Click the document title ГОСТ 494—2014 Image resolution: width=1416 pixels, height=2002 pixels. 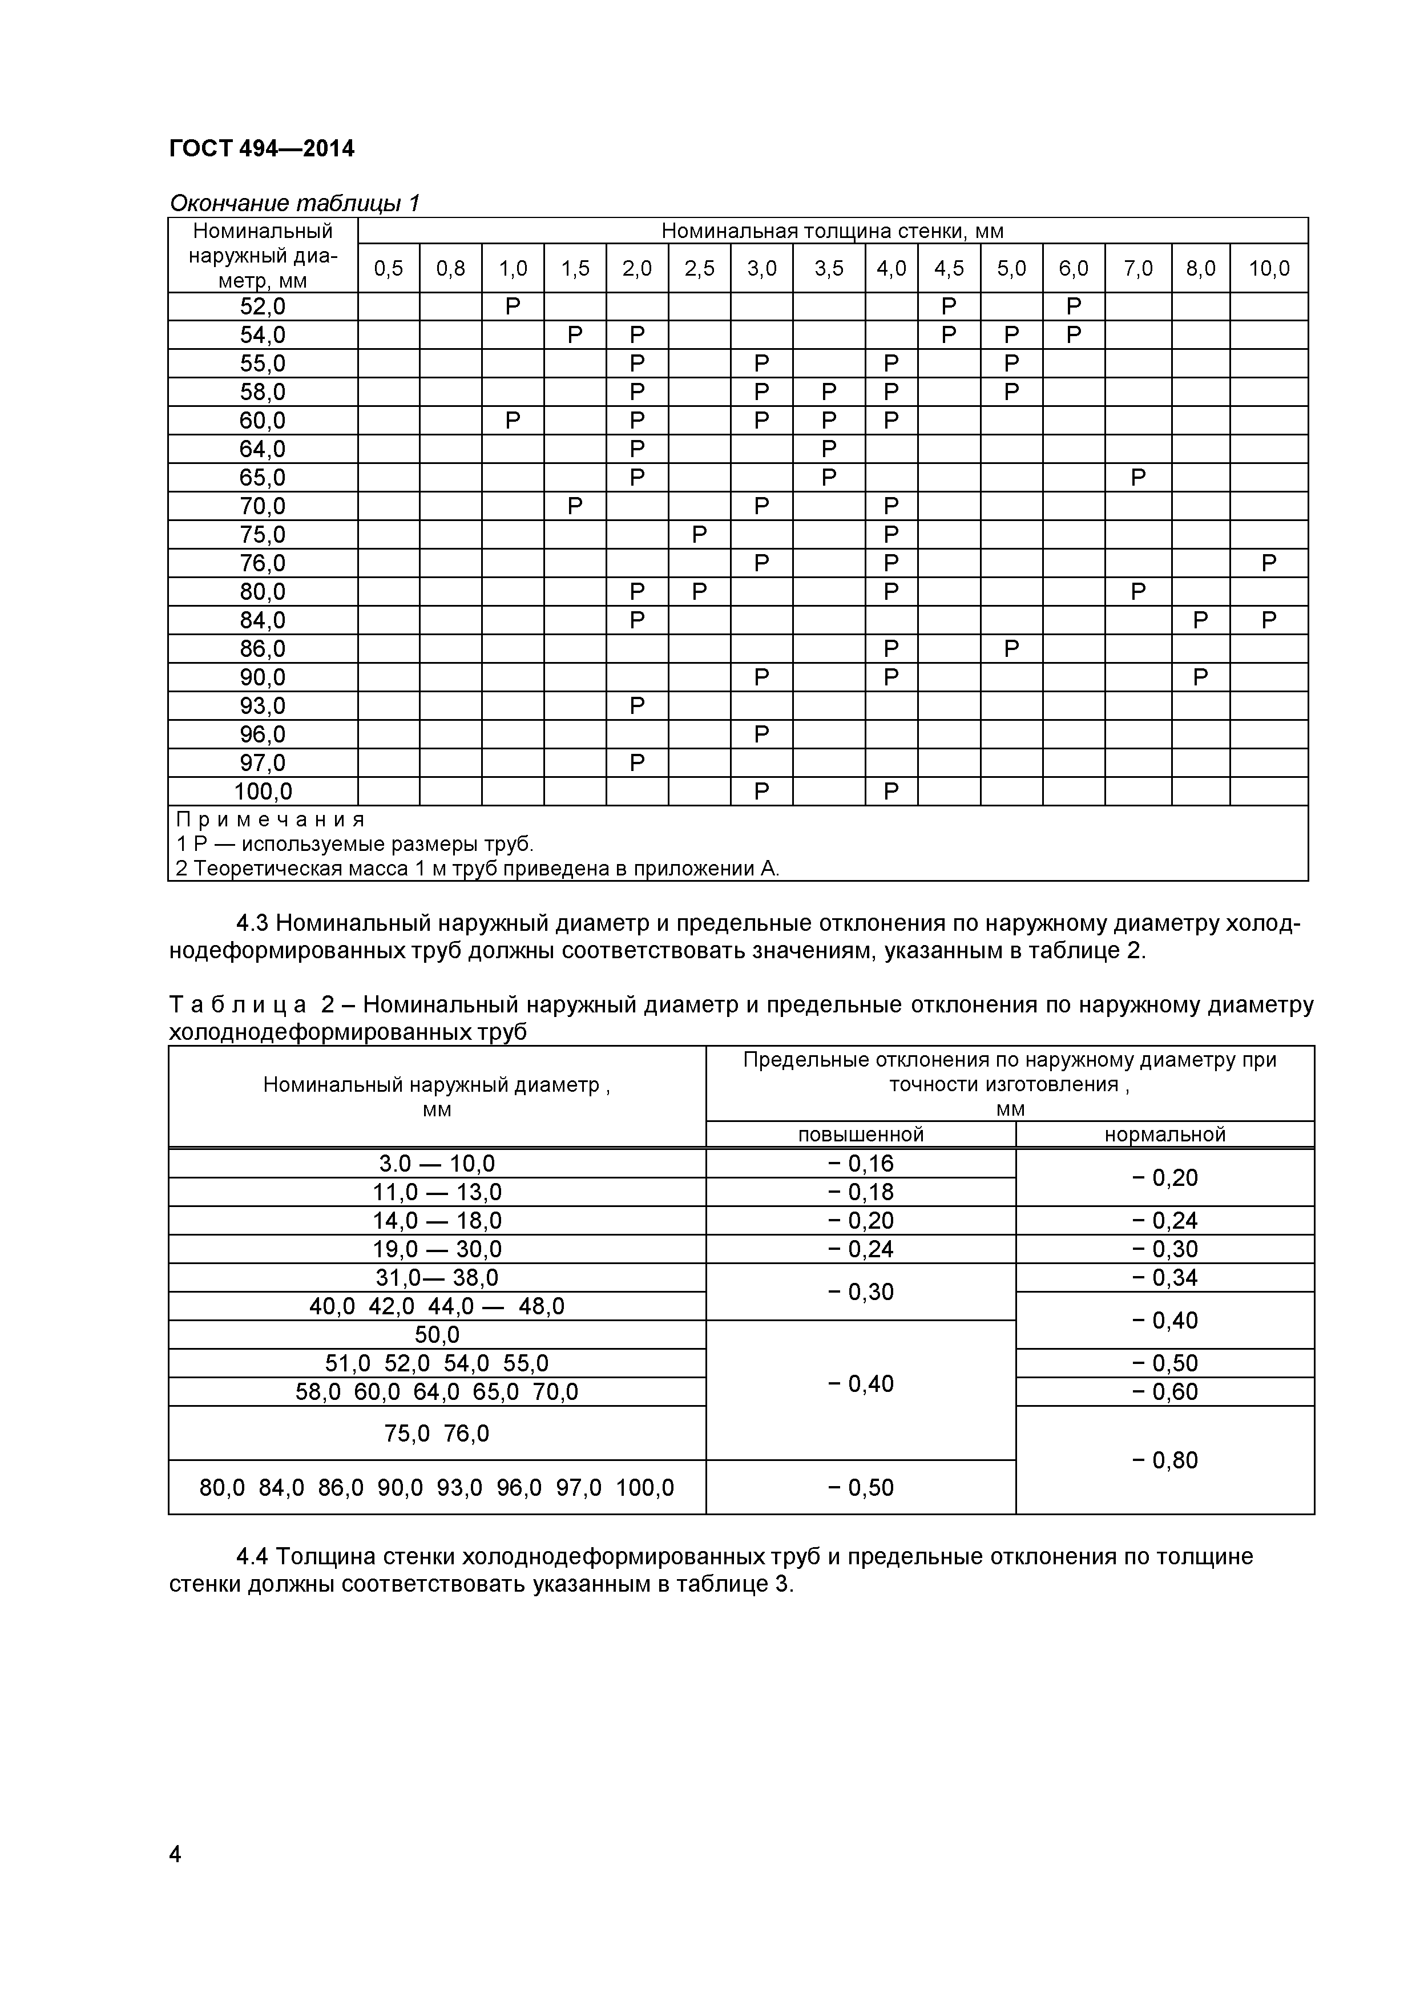tap(261, 149)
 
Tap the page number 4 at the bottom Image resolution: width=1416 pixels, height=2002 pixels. tap(175, 1878)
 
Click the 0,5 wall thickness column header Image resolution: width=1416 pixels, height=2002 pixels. tap(389, 269)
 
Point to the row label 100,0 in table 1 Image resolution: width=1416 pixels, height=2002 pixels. tap(263, 792)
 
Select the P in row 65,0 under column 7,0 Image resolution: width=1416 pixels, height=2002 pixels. tap(1138, 478)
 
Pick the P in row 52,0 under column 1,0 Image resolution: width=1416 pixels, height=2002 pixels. tap(513, 306)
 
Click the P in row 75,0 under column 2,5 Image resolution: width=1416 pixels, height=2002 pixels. tap(699, 535)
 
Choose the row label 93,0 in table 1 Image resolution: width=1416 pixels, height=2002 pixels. tap(263, 707)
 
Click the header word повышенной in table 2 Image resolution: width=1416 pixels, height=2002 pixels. tap(861, 1135)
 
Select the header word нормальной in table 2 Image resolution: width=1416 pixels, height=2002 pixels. tap(1165, 1135)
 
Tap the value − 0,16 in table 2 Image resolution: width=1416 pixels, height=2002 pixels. tap(861, 1164)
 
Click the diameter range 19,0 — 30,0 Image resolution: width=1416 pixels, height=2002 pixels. tap(437, 1249)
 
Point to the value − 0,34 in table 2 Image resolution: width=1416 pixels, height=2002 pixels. tap(1165, 1278)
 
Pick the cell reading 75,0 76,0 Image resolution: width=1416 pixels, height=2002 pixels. tap(437, 1434)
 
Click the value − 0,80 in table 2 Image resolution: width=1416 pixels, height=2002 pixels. tap(1165, 1460)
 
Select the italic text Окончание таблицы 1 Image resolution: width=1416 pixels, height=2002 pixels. tap(295, 203)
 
